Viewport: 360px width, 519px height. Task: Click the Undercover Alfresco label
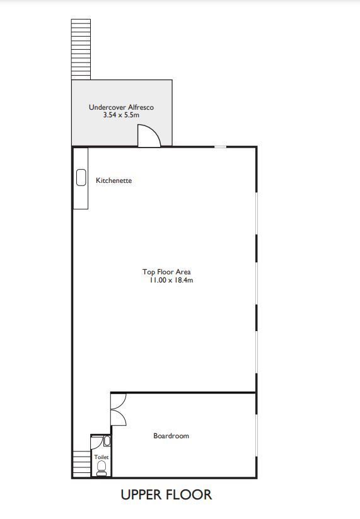pos(121,107)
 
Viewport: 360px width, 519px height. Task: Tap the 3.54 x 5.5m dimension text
pos(121,115)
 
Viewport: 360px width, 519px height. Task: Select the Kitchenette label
pos(114,180)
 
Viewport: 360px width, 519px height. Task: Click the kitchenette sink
pos(81,177)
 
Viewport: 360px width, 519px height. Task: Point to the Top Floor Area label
pos(166,272)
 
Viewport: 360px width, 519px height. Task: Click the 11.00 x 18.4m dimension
pos(171,280)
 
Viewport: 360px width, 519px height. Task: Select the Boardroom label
pos(171,436)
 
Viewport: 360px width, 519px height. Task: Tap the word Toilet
pos(102,457)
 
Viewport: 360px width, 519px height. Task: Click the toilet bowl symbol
pos(102,468)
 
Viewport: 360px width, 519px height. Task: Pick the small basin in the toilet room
pos(107,441)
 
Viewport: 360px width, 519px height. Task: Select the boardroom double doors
pos(119,409)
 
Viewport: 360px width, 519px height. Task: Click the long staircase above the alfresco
pos(81,49)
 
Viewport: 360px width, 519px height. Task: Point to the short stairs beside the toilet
pos(81,464)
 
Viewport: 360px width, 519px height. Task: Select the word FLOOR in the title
pos(190,494)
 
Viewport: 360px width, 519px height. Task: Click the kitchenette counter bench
pos(81,178)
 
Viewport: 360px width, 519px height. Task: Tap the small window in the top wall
pos(221,147)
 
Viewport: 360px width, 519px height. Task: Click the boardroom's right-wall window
pos(256,435)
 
